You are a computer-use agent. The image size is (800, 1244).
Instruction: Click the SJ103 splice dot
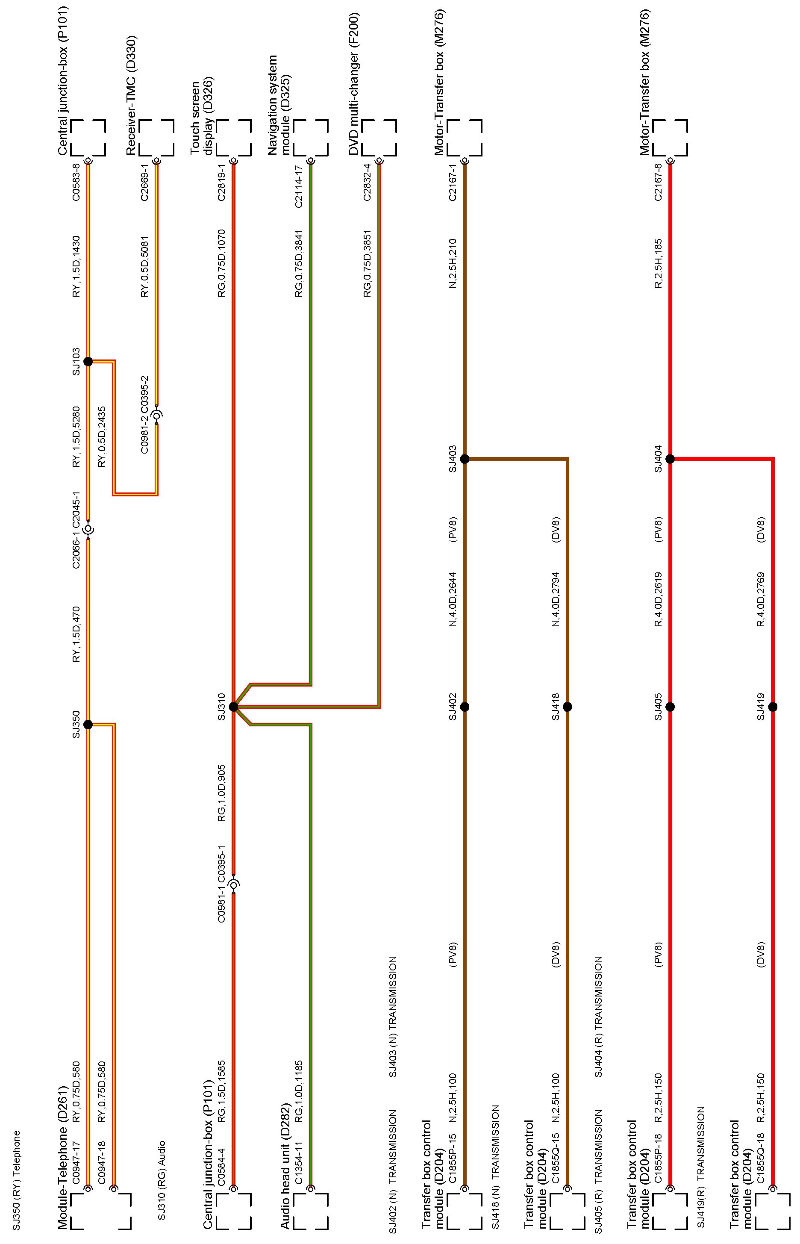(x=88, y=361)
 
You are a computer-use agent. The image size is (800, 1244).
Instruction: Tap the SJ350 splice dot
(x=88, y=724)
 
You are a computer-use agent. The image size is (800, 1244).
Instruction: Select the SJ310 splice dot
(x=233, y=707)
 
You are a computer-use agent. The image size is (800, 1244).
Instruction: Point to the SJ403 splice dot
(x=465, y=459)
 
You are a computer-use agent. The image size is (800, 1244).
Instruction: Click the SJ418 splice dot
(x=567, y=707)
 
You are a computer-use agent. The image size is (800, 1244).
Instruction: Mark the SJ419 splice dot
(x=773, y=707)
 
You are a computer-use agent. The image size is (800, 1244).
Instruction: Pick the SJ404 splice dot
(x=670, y=459)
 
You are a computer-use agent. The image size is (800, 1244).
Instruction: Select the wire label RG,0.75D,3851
(x=367, y=263)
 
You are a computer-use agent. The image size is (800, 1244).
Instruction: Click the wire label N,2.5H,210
(x=453, y=263)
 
